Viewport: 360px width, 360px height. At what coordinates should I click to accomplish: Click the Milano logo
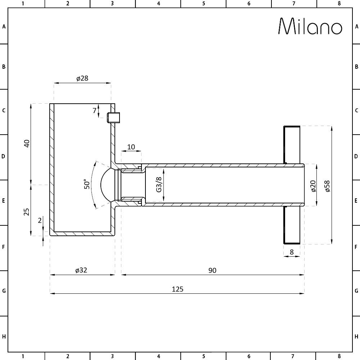point(310,26)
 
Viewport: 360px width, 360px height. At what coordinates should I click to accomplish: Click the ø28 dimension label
point(82,78)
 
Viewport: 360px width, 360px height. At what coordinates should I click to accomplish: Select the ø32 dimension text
point(81,270)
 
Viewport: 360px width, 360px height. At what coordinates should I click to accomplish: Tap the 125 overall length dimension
point(177,289)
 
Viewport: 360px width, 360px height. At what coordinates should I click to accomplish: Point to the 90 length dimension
point(212,270)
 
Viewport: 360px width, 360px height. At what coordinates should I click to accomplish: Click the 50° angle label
point(87,184)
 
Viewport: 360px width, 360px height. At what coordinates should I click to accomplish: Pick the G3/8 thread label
point(159,184)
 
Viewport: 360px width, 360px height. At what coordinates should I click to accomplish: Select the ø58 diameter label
point(327,185)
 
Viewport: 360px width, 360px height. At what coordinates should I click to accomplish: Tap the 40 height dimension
point(27,144)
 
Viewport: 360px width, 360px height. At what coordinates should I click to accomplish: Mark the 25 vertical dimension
point(27,211)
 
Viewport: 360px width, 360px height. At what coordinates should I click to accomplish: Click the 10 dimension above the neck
point(131,147)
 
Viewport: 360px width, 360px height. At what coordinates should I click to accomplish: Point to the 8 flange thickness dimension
point(292,252)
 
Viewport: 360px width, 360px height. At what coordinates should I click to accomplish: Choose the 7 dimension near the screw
point(95,111)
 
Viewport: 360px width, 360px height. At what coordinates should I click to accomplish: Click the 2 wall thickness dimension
point(40,220)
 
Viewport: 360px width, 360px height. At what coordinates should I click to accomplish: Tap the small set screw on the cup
point(114,118)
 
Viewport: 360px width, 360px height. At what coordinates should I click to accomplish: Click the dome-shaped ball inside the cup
point(107,185)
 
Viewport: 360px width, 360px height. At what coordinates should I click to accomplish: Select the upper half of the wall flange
point(292,144)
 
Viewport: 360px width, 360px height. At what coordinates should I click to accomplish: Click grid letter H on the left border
point(4,337)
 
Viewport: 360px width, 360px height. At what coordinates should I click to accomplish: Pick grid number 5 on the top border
point(203,4)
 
